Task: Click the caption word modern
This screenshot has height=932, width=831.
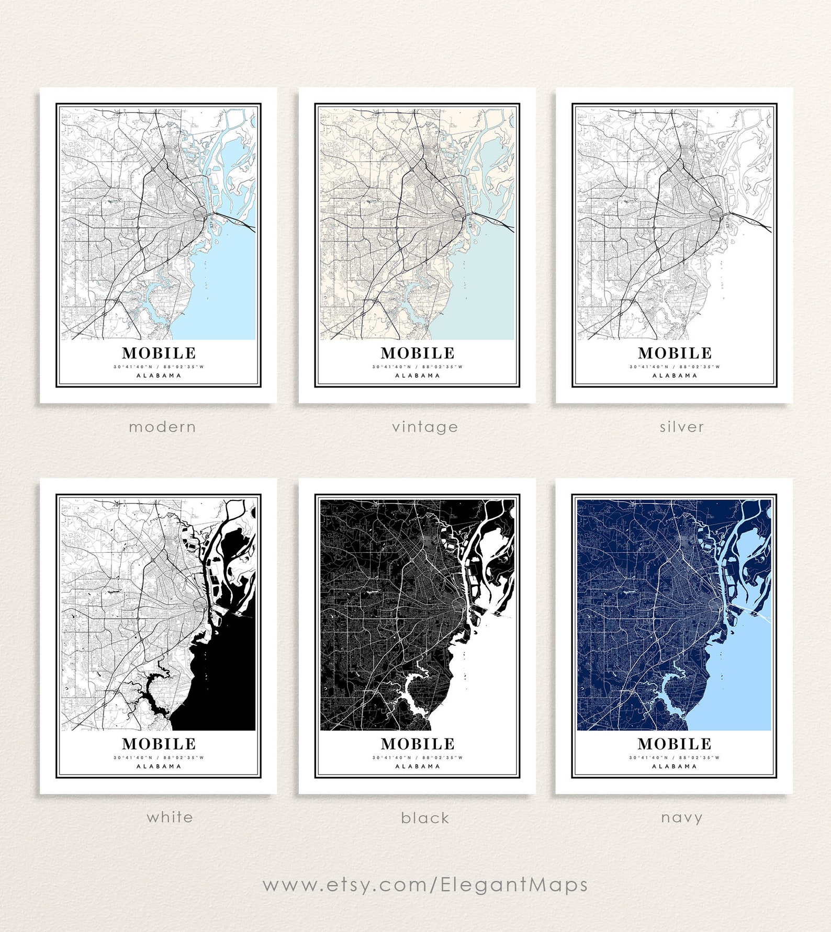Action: (x=162, y=427)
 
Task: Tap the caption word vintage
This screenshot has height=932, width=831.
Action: (x=425, y=427)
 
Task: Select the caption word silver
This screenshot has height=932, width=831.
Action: (x=681, y=427)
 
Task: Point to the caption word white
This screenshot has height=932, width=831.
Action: (x=170, y=817)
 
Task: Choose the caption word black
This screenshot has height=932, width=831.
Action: (x=425, y=817)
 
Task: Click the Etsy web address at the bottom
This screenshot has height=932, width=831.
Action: (x=425, y=884)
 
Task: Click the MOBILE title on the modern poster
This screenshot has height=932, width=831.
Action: (x=159, y=353)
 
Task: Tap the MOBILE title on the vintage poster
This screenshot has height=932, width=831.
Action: (x=418, y=353)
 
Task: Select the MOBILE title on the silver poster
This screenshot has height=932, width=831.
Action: (x=675, y=353)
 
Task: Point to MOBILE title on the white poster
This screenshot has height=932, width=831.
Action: (x=159, y=744)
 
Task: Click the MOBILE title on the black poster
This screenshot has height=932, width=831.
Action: (x=418, y=744)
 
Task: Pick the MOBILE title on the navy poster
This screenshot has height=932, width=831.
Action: (x=675, y=744)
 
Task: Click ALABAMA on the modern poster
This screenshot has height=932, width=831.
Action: (x=159, y=376)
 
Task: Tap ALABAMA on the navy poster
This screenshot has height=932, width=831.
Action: (x=675, y=766)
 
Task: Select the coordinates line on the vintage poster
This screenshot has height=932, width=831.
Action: (x=418, y=367)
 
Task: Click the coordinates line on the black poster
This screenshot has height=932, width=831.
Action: (x=418, y=757)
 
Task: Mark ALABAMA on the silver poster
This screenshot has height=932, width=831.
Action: (x=675, y=376)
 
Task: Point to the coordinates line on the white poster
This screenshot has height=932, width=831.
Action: (x=159, y=757)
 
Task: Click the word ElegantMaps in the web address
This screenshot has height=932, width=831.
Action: (x=514, y=884)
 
